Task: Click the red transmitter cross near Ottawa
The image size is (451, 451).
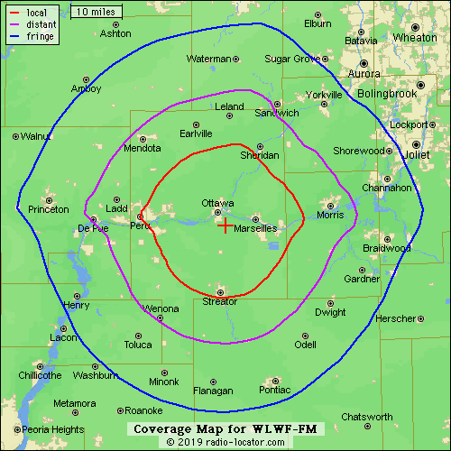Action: [x=225, y=225]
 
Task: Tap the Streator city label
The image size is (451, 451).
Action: [x=220, y=301]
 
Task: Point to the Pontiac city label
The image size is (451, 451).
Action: [x=274, y=391]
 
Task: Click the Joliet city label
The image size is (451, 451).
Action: [x=419, y=154]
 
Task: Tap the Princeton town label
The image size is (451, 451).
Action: [x=49, y=209]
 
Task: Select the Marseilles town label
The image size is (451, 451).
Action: [x=255, y=229]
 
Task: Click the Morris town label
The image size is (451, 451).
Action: [x=331, y=216]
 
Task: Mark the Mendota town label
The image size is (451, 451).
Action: [x=142, y=148]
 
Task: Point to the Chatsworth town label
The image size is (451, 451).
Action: [x=367, y=417]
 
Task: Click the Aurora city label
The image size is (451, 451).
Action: [x=364, y=74]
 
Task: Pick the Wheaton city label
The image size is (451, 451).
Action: [x=415, y=38]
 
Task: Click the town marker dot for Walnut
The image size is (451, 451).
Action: [x=15, y=136]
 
